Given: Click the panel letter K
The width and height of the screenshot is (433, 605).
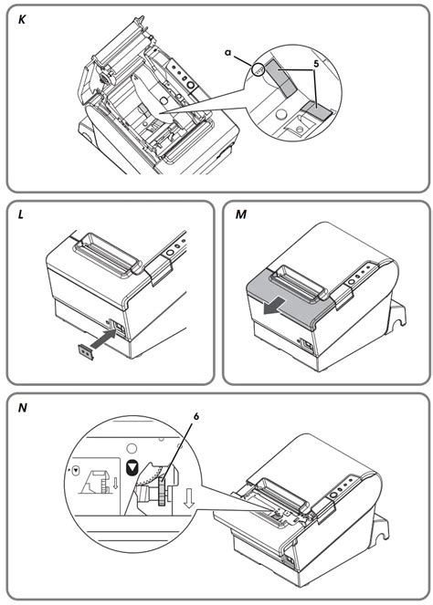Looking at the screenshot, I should tap(21, 17).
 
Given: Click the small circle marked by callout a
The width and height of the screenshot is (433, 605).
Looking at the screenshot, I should tap(260, 69).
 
